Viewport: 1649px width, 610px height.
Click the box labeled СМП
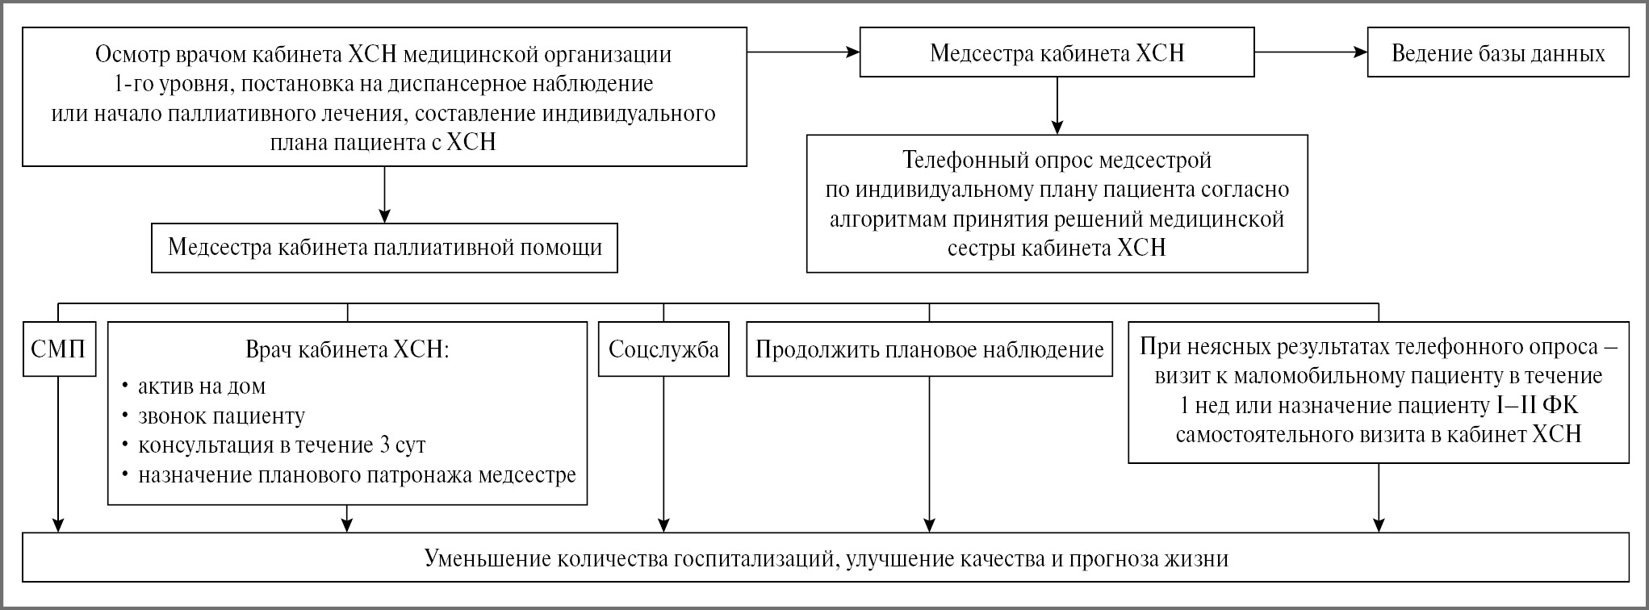coord(59,349)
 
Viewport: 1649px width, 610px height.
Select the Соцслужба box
coord(663,349)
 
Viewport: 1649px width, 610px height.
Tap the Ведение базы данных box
coord(1498,53)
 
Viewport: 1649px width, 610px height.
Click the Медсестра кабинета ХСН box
coord(1057,53)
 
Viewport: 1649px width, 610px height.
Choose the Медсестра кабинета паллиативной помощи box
coord(384,248)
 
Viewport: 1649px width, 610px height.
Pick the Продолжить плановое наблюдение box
coord(929,349)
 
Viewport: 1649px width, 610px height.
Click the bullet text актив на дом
coord(202,386)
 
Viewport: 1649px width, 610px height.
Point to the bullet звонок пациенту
coord(221,416)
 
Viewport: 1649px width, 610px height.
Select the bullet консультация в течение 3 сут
coord(282,445)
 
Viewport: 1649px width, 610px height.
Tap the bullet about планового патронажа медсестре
coord(357,475)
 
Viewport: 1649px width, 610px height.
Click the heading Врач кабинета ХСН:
coord(347,350)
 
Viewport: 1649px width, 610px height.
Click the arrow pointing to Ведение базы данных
coord(1311,52)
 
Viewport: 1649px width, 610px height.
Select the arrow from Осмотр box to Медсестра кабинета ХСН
coord(803,52)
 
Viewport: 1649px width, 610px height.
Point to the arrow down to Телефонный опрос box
coord(1057,105)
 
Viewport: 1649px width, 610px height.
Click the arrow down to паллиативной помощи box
coord(384,194)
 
